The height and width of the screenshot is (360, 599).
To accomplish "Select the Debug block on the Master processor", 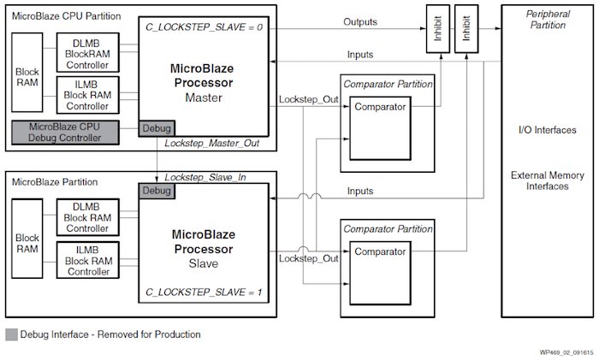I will click(157, 128).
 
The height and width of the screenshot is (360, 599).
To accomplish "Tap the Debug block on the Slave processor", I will click(157, 190).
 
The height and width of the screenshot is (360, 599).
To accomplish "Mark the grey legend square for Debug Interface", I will click(11, 334).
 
